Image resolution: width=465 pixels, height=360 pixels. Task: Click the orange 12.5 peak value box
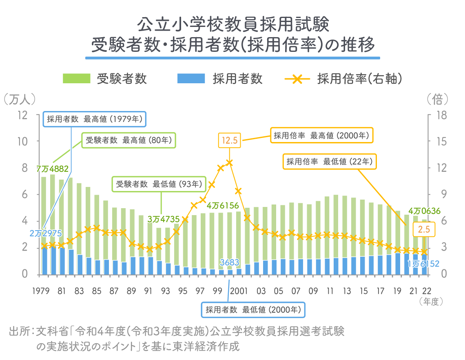coord(230,140)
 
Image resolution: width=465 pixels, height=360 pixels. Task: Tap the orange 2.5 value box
coord(424,229)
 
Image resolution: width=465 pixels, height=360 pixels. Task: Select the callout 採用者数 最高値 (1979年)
coord(95,119)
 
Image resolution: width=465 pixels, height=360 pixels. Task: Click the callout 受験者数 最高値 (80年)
coord(129,140)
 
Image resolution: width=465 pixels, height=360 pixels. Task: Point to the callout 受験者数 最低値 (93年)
coord(159,184)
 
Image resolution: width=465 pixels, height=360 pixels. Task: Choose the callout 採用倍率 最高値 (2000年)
coord(321,136)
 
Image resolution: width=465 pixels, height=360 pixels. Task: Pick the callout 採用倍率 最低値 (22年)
coord(330,162)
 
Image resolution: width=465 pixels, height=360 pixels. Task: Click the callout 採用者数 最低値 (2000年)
coord(253,310)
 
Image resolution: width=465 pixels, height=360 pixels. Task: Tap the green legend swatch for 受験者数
coord(77,79)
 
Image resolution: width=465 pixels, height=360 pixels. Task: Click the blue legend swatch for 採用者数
coord(191,79)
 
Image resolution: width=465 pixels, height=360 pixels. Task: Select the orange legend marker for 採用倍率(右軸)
coord(297,79)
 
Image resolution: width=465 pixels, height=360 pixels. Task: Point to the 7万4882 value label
coord(53,169)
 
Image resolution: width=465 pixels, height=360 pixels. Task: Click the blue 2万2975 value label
coord(46,233)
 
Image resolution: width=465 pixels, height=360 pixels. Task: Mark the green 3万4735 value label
coord(164,219)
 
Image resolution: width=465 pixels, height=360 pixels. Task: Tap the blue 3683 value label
coord(229,262)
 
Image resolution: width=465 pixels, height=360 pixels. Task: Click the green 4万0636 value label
coord(424,211)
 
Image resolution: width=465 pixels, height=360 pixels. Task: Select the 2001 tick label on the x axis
coord(239,291)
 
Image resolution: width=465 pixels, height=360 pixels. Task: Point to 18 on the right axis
coord(442,115)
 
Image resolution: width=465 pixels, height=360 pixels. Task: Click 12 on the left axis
coord(22,115)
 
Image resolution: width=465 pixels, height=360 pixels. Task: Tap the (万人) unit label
coord(20,99)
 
